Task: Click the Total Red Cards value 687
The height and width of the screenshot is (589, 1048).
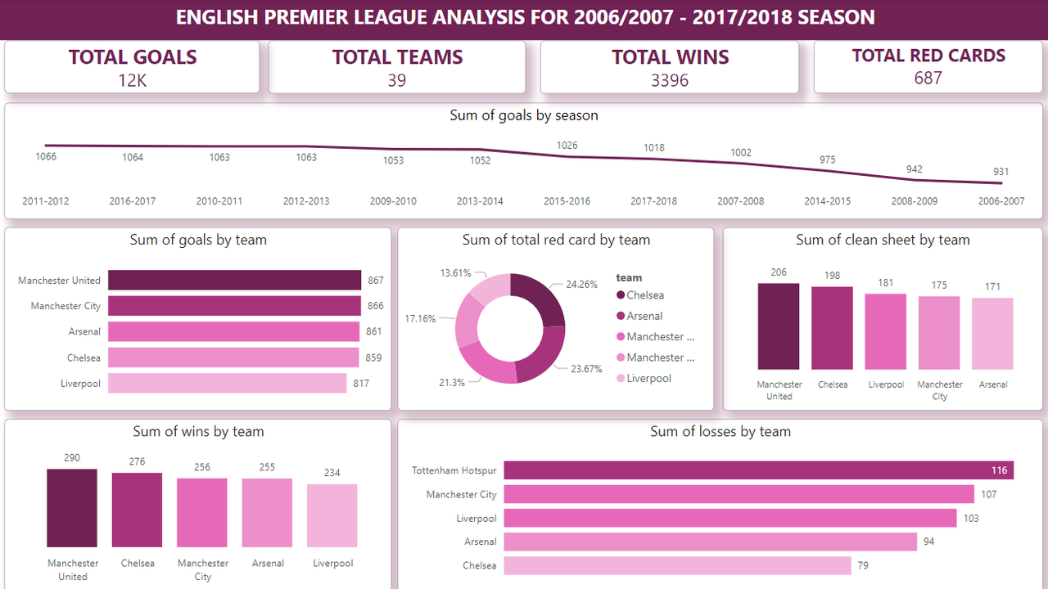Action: pyautogui.click(x=928, y=79)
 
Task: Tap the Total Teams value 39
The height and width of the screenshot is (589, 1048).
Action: pyautogui.click(x=397, y=80)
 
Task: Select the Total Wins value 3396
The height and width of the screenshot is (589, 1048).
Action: pyautogui.click(x=669, y=80)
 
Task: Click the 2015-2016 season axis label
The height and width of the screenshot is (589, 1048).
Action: pyautogui.click(x=567, y=201)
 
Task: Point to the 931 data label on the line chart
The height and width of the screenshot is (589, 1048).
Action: pyautogui.click(x=1001, y=172)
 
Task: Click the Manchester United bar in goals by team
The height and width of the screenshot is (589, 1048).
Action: pyautogui.click(x=234, y=281)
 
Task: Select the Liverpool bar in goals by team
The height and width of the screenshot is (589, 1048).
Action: pyautogui.click(x=227, y=384)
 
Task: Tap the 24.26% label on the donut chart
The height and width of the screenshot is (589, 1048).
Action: pyautogui.click(x=581, y=285)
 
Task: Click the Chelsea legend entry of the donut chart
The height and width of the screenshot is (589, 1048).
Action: pyautogui.click(x=645, y=295)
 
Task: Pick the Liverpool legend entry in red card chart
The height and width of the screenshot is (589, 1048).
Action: pyautogui.click(x=648, y=379)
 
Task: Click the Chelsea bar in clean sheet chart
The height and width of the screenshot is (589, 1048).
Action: pyautogui.click(x=832, y=328)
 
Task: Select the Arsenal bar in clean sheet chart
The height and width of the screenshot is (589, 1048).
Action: pyautogui.click(x=992, y=334)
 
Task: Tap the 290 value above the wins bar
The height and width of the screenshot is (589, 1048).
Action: pyautogui.click(x=72, y=458)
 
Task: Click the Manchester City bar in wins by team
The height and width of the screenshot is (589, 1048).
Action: pyautogui.click(x=202, y=512)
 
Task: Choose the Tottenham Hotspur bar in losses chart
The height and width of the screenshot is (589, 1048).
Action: pyautogui.click(x=758, y=470)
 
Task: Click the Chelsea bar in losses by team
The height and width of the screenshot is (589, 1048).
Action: pyautogui.click(x=677, y=565)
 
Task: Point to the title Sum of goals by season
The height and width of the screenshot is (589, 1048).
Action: pyautogui.click(x=524, y=116)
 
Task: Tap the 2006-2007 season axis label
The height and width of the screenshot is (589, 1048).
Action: pyautogui.click(x=1001, y=201)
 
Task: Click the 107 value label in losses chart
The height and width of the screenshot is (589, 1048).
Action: pyautogui.click(x=988, y=494)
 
